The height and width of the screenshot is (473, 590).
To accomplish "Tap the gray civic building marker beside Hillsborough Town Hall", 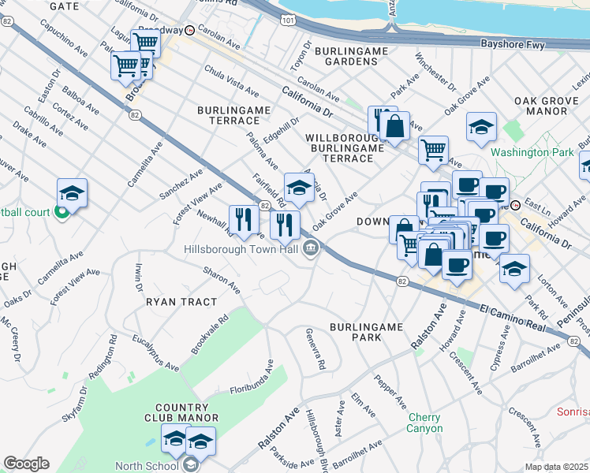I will click(312, 250).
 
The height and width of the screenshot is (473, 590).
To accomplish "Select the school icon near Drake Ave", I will click(72, 193).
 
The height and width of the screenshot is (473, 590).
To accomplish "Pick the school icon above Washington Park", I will click(480, 128).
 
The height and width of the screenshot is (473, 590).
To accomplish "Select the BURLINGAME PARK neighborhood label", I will click(367, 331).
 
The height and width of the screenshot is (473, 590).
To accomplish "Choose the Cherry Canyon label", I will click(424, 423).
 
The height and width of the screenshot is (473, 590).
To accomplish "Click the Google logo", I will click(26, 464).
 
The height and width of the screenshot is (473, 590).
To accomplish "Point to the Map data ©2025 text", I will click(556, 467).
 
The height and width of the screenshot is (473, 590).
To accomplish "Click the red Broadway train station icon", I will click(189, 30).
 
